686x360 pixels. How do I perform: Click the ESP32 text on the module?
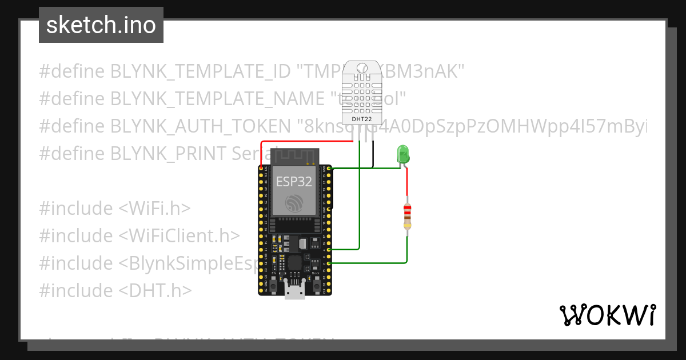[x=294, y=182]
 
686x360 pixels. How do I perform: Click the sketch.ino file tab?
[x=101, y=25]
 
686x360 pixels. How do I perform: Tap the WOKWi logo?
[x=607, y=315]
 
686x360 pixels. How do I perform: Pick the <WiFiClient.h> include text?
[x=179, y=236]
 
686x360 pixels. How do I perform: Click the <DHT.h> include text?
[x=155, y=291]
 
